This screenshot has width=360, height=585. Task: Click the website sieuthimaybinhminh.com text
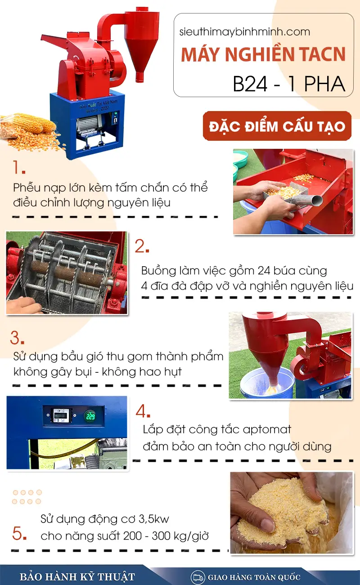(245, 32)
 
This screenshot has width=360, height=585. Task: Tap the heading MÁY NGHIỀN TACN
(263, 54)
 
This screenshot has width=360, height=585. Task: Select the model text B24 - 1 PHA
(289, 84)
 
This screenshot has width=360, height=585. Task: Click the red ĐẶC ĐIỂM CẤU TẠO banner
(277, 126)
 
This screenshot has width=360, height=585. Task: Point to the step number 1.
(19, 167)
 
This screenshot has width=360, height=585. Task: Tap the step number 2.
(142, 246)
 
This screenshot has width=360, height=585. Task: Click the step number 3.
(17, 338)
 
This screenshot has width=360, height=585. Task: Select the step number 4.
(143, 411)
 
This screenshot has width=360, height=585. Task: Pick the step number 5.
(19, 533)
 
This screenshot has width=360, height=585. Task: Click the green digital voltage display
(90, 415)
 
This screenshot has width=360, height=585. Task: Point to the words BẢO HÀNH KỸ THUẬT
(77, 577)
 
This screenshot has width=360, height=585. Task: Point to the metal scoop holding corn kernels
(293, 195)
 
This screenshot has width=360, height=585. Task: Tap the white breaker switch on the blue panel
(61, 415)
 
